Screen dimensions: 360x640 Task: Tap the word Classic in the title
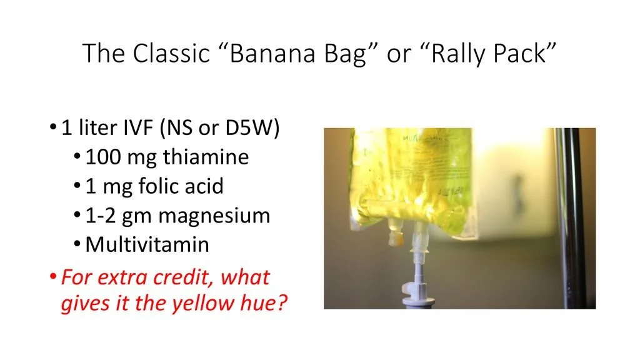tap(169, 54)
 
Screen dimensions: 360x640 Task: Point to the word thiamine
tap(206, 157)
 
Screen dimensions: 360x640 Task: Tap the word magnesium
tap(214, 216)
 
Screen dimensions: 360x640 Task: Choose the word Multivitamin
tap(147, 244)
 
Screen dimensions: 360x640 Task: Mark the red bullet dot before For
tap(54, 277)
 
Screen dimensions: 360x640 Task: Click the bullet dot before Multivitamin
tap(77, 245)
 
